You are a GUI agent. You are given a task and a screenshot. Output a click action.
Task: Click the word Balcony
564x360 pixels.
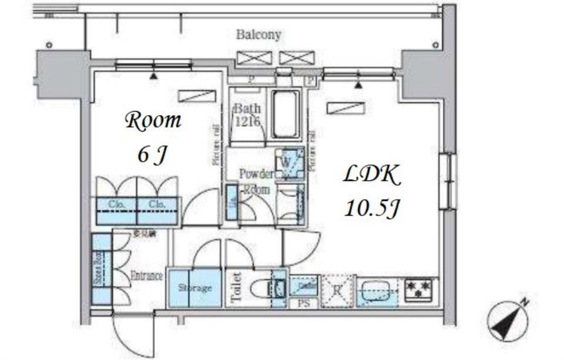(258, 35)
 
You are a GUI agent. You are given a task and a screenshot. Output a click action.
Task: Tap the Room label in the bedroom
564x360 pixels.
(153, 122)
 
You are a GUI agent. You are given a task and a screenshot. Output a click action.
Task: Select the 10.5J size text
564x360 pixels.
(372, 207)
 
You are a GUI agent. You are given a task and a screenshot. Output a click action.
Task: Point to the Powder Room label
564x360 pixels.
(256, 181)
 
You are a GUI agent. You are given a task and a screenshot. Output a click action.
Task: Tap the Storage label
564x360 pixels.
(195, 288)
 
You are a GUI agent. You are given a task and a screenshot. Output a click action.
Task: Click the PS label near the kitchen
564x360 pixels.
(304, 304)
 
